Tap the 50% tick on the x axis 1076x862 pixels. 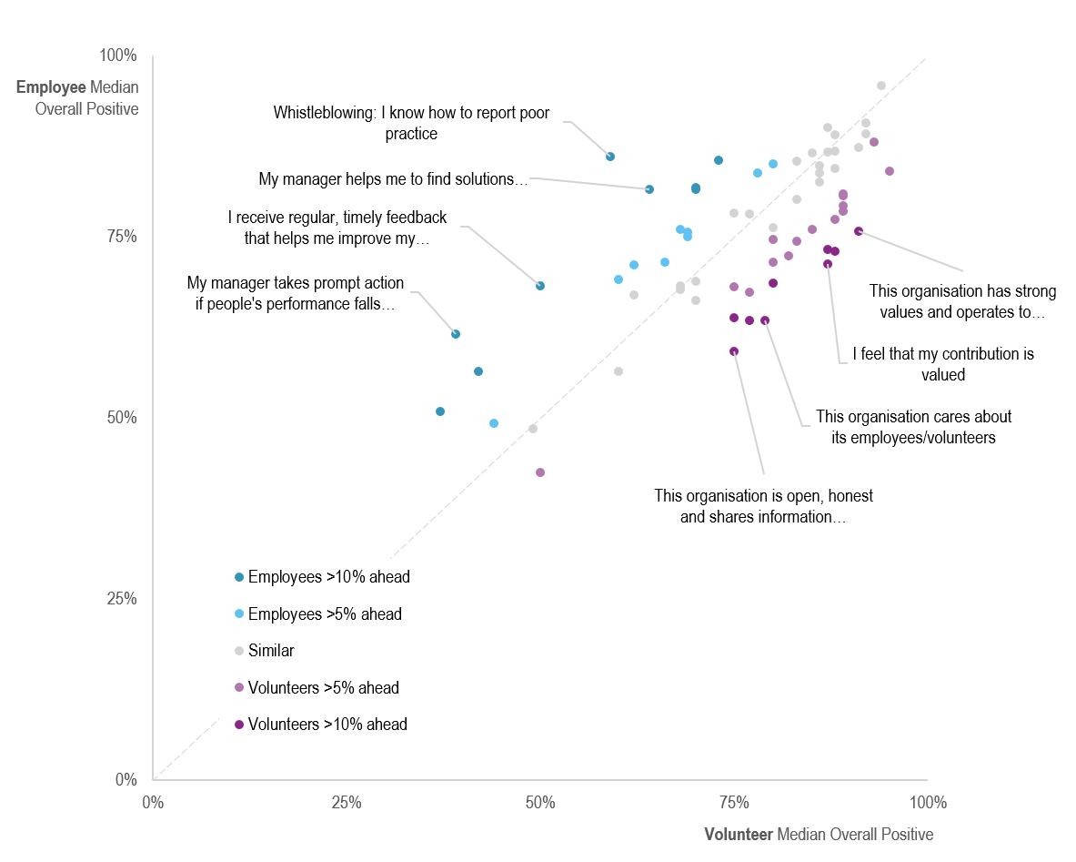pyautogui.click(x=540, y=803)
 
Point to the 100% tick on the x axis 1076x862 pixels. pyautogui.click(x=928, y=803)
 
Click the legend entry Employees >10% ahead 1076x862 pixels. pyautogui.click(x=328, y=577)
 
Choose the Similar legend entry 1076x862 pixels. pyautogui.click(x=271, y=651)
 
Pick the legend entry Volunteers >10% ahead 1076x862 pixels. pyautogui.click(x=327, y=725)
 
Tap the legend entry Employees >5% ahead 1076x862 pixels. pyautogui.click(x=325, y=614)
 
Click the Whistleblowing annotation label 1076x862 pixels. pyautogui.click(x=411, y=123)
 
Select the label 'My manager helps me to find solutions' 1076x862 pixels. pyautogui.click(x=393, y=179)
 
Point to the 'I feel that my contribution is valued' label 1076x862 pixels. pyautogui.click(x=942, y=364)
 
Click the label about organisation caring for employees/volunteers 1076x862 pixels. pyautogui.click(x=913, y=427)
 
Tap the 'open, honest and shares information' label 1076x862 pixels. pyautogui.click(x=763, y=506)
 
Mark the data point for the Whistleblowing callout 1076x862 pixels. pyautogui.click(x=610, y=157)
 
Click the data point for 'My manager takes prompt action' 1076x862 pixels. pyautogui.click(x=456, y=334)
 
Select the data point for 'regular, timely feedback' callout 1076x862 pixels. pyautogui.click(x=540, y=286)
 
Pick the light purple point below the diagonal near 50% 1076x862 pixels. pyautogui.click(x=540, y=472)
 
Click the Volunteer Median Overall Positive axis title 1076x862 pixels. pyautogui.click(x=819, y=835)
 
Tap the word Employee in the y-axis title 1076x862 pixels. pyautogui.click(x=51, y=87)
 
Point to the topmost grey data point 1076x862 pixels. pyautogui.click(x=881, y=86)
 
